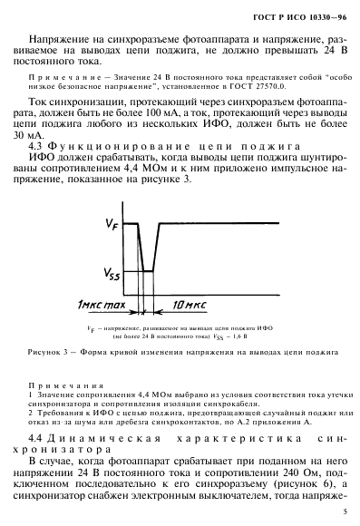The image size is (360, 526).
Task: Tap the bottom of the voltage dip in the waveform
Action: point(145,272)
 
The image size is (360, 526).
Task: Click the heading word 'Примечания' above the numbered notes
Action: point(66,374)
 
